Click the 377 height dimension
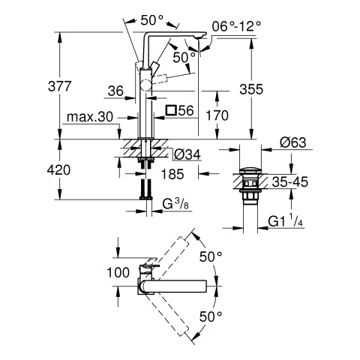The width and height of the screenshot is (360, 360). (60, 86)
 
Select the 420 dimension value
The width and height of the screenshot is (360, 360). (59, 170)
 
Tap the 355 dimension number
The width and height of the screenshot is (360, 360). (251, 89)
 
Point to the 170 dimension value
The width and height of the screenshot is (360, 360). (217, 115)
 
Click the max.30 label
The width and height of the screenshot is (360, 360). (90, 117)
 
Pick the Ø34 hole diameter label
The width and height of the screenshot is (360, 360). (187, 154)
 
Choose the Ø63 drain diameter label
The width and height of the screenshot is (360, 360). (293, 142)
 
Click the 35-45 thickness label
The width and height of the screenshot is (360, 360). (290, 182)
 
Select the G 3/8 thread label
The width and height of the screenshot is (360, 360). (175, 204)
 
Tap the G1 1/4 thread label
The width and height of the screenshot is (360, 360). (286, 220)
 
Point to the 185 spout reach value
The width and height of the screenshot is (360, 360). (172, 174)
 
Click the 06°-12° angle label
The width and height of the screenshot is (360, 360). (236, 26)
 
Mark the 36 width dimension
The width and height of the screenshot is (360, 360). (115, 91)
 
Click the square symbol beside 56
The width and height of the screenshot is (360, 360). (171, 110)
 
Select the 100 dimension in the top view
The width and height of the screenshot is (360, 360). (118, 272)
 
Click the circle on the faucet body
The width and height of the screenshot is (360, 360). (146, 85)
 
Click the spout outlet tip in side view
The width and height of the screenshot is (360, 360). (200, 37)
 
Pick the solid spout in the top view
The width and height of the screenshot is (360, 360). (172, 286)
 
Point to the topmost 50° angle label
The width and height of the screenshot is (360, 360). (151, 20)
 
